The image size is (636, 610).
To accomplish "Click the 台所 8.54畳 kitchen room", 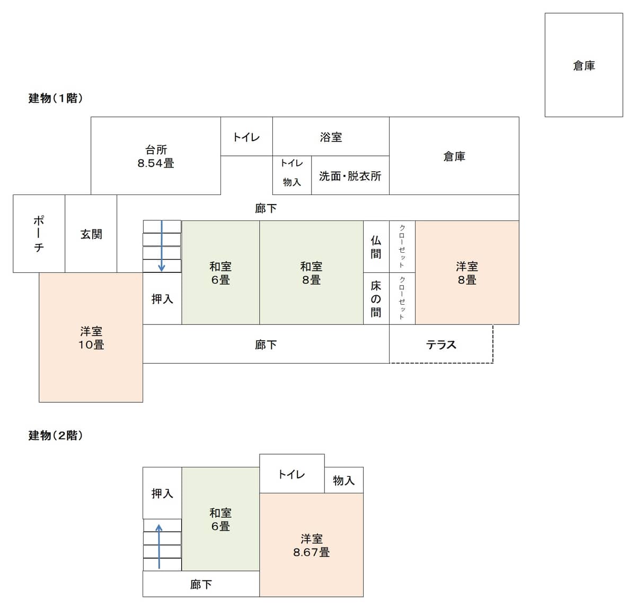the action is point(156,156).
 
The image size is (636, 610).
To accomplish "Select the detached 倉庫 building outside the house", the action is point(584,65).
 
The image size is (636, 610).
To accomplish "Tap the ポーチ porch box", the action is point(39,234).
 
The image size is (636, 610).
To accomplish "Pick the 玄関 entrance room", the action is point(91,234).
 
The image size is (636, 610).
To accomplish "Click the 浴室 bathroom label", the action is point(331,137).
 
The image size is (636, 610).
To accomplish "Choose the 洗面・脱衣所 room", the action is point(350,175).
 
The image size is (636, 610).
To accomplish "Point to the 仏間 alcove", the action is point(376,246).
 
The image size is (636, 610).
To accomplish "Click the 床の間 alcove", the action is point(376,298).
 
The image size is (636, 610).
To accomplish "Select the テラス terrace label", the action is point(441,344).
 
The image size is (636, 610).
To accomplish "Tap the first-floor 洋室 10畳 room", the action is point(91,338).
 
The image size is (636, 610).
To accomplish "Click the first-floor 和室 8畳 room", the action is point(312,273).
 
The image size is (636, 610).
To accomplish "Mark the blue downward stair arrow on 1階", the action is point(162,246).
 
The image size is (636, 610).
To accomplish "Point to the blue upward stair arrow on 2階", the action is point(159,546).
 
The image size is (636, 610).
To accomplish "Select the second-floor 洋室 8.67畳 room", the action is point(312,545).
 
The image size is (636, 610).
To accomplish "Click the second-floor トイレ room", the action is point(292,473).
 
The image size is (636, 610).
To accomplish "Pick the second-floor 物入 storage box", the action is point(344,480).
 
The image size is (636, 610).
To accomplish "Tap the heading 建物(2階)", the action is point(56,436).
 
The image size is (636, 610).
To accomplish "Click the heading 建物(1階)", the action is point(56,98).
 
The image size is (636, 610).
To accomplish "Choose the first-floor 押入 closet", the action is point(162,298).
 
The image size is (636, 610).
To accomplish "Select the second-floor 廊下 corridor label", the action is point(201,585).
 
